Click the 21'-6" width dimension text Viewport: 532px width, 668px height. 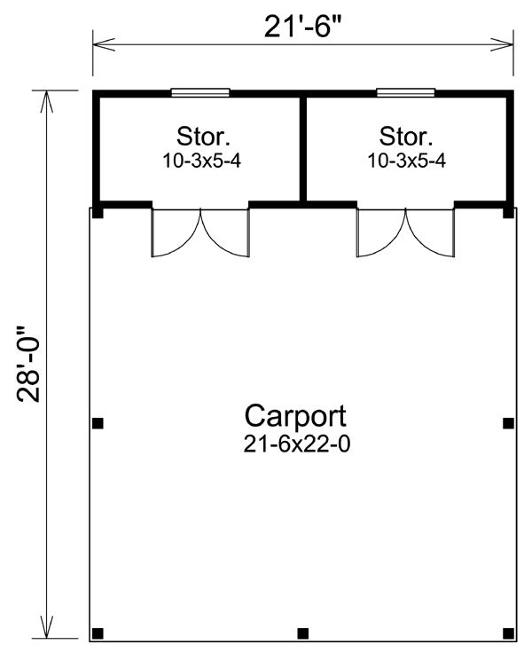(303, 26)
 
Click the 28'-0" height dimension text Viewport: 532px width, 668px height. (28, 365)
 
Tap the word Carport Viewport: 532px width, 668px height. (295, 416)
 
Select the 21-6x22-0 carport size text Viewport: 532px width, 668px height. (297, 444)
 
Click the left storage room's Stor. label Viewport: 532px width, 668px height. (203, 137)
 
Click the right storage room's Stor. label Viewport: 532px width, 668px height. (406, 137)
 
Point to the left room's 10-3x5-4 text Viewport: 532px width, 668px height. (202, 161)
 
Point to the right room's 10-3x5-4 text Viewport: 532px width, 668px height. (407, 161)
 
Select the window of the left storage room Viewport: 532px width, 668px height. (200, 92)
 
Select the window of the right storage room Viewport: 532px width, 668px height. (405, 92)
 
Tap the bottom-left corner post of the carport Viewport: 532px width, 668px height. (98, 633)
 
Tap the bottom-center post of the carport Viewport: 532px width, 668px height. (303, 633)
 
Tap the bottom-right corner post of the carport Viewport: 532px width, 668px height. (508, 633)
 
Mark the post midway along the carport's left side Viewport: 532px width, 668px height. (98, 423)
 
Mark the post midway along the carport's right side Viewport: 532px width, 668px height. (508, 423)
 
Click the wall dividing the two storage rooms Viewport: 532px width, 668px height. (303, 149)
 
